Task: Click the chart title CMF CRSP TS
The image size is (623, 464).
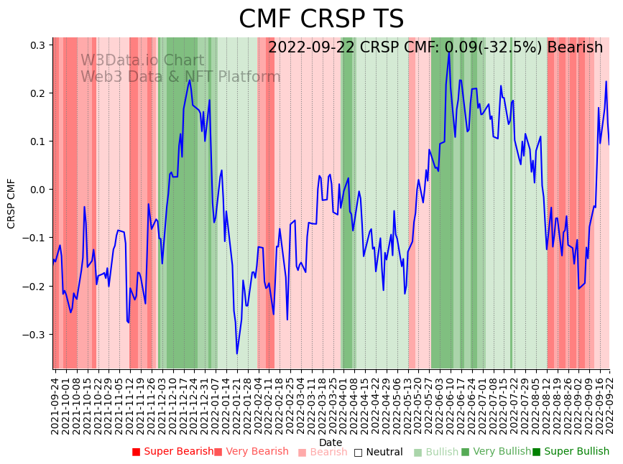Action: [321, 19]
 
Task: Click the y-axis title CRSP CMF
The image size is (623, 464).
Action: [11, 203]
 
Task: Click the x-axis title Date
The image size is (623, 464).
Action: [331, 442]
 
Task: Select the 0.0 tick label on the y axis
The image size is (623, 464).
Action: [37, 190]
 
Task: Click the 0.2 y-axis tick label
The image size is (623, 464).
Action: [37, 93]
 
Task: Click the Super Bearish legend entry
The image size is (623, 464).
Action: [172, 452]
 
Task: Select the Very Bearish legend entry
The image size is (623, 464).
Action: [251, 452]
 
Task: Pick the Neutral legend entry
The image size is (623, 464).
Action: [379, 452]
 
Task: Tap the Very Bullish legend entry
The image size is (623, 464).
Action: [496, 452]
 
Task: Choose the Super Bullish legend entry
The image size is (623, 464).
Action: [571, 452]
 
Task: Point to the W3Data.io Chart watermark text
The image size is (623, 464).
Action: [142, 61]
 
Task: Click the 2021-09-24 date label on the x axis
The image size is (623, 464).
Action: [55, 402]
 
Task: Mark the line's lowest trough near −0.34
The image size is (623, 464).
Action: [237, 353]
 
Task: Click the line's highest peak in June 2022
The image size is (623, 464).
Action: [449, 52]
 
